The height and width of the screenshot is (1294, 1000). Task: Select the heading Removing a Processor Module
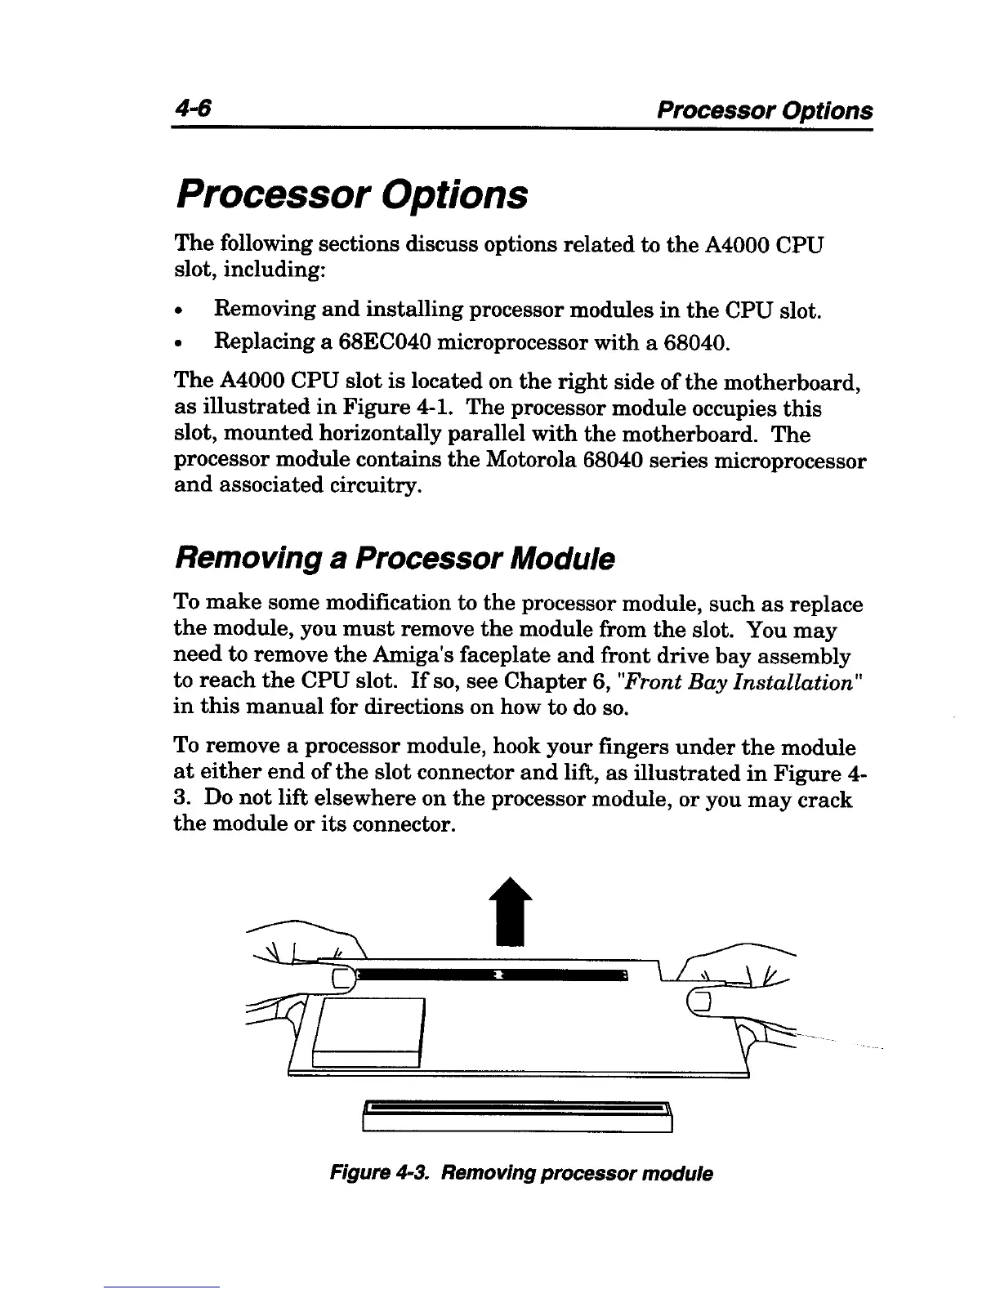394,559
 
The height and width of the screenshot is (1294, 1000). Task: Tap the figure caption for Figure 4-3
520,1174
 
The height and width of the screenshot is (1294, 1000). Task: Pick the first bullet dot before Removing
180,311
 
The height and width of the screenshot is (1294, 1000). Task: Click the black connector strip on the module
490,975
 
